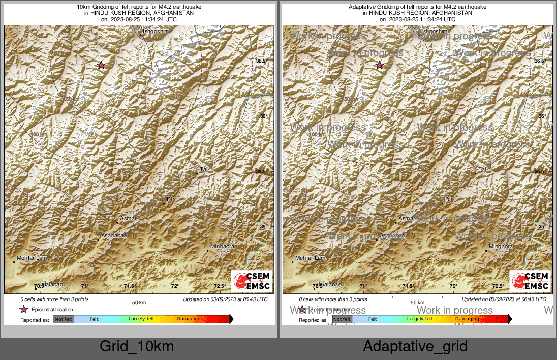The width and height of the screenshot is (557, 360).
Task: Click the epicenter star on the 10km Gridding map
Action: [101, 65]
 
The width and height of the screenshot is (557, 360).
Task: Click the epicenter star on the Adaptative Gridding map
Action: [379, 65]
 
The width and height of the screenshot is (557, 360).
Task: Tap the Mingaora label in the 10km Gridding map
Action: [223, 247]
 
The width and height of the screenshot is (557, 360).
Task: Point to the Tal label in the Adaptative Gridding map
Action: [483, 169]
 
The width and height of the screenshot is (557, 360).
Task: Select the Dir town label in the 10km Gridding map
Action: [170, 199]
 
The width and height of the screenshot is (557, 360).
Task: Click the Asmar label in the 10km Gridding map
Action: [129, 219]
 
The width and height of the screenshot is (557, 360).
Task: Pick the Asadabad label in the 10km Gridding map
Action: [114, 235]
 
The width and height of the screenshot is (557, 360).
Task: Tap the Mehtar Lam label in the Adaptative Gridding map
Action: [311, 258]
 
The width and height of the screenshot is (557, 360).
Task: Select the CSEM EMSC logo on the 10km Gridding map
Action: [252, 281]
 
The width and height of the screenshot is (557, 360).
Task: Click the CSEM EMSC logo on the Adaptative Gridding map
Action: [530, 281]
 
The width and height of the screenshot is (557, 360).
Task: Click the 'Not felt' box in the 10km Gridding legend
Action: [64, 319]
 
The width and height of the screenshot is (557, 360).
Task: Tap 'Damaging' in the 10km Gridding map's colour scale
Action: [189, 319]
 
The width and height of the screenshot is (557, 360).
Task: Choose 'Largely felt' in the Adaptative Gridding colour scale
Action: [420, 319]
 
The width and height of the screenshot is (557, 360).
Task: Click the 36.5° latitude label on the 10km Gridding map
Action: [261, 61]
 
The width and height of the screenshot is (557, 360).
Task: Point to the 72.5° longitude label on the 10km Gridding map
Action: [220, 286]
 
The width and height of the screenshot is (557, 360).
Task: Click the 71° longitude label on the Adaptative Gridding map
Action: [363, 286]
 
